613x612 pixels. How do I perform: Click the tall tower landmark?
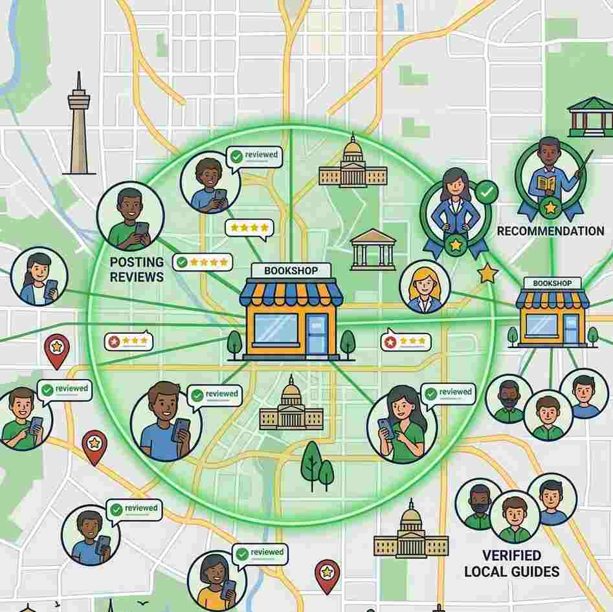pos(78,126)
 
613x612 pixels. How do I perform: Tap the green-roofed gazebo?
pos(590,116)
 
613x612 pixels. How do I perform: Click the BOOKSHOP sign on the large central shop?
pos(291,270)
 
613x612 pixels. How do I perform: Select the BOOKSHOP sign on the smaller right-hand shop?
pos(553,283)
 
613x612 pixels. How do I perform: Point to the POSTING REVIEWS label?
pos(137,269)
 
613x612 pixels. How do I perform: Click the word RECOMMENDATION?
pos(550,231)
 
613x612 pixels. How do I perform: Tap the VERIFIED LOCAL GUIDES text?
pos(512,563)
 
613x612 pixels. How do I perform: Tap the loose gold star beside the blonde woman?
pos(487,274)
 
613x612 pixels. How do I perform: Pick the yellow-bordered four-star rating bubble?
pos(249,228)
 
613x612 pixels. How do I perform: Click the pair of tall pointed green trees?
pos(318,466)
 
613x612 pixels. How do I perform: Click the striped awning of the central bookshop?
pos(291,294)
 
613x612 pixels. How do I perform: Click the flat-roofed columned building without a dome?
pos(373,248)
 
